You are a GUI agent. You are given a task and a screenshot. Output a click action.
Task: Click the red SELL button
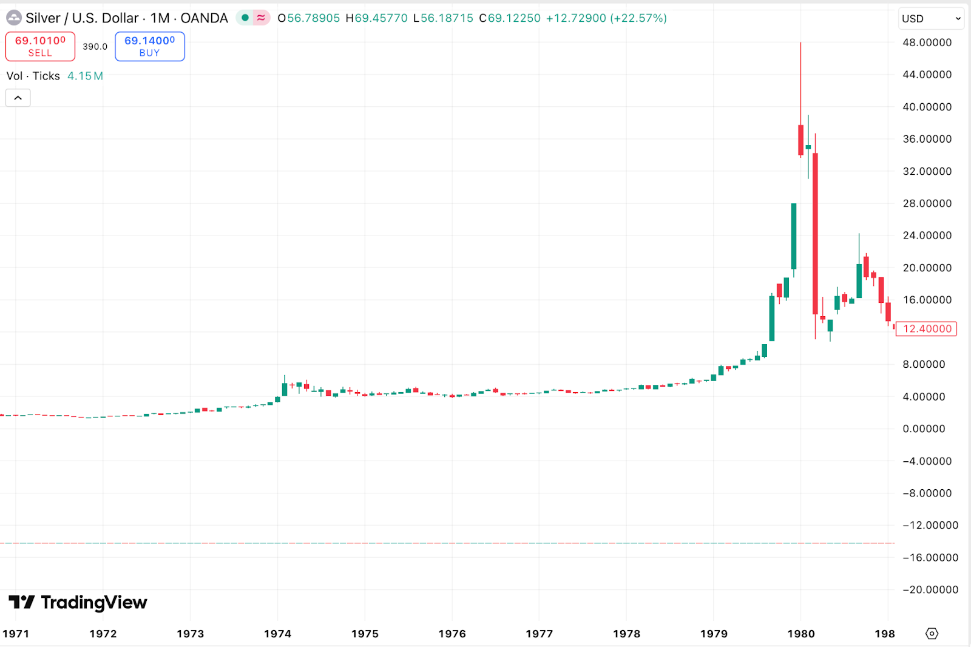pos(40,47)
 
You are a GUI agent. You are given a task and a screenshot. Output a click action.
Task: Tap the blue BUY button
pos(149,47)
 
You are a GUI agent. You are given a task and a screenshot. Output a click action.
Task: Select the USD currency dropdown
pos(930,19)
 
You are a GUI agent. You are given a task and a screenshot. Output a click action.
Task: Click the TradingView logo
pos(78,602)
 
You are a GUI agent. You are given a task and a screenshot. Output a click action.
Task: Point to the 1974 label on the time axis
pos(277,634)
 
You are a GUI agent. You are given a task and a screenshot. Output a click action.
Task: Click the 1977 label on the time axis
pos(539,634)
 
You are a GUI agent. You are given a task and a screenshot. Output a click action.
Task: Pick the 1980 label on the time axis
pos(800,634)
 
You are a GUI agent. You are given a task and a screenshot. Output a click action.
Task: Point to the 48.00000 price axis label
pos(927,42)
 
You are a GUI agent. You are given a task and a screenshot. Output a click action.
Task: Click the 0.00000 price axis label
pos(924,429)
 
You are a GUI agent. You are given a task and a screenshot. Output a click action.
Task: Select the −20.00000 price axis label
pos(930,589)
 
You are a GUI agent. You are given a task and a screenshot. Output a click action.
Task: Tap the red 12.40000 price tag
pos(927,329)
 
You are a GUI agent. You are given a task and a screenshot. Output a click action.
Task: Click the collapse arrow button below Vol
pos(18,98)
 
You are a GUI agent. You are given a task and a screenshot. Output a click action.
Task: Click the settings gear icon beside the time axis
pos(932,634)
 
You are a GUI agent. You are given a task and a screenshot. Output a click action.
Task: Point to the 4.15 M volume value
pos(85,76)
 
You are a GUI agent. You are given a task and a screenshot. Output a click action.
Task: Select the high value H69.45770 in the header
pos(376,18)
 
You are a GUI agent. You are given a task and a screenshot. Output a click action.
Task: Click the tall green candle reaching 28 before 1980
pos(794,236)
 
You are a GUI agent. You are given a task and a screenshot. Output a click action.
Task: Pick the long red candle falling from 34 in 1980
pos(815,234)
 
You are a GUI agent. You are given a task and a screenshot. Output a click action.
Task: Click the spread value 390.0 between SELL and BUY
pos(95,47)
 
